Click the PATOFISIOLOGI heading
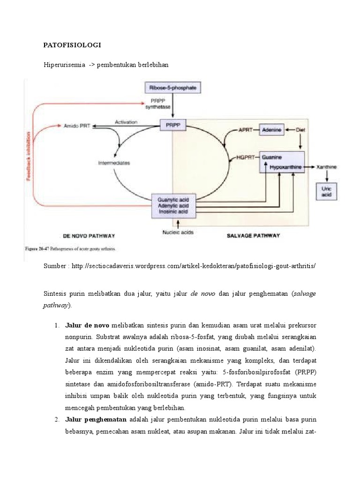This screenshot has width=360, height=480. click(72, 45)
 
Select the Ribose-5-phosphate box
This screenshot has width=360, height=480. click(172, 88)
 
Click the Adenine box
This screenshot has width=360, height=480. click(272, 130)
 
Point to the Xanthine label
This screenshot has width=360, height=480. click(326, 166)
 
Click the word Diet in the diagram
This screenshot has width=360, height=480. click(300, 130)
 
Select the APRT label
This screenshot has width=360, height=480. click(246, 130)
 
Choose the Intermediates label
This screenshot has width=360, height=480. click(114, 163)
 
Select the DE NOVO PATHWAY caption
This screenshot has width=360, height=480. click(89, 235)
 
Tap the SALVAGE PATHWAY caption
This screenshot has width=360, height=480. click(254, 235)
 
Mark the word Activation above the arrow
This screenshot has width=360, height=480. click(126, 122)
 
